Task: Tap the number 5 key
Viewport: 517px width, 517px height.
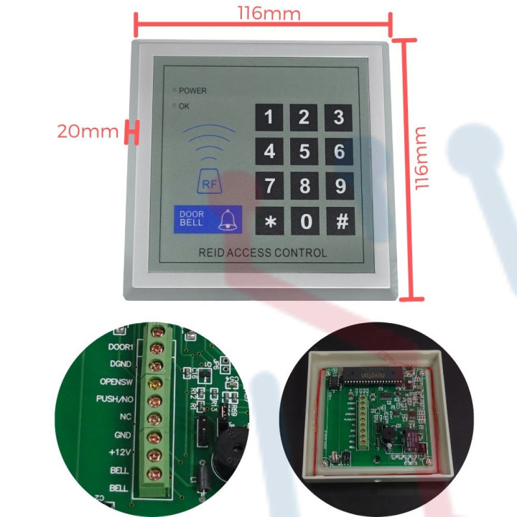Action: point(304,152)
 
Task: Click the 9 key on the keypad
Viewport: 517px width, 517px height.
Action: point(340,187)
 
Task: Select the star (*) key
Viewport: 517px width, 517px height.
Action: point(270,222)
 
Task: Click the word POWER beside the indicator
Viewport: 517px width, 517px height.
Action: point(192,91)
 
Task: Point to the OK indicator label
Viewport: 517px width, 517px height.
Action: point(184,106)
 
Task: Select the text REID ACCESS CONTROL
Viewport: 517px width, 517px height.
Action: point(262,253)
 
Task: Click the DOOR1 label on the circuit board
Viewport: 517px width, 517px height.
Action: point(121,347)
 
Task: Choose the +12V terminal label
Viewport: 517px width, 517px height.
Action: point(118,452)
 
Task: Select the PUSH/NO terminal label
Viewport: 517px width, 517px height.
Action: point(115,399)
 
